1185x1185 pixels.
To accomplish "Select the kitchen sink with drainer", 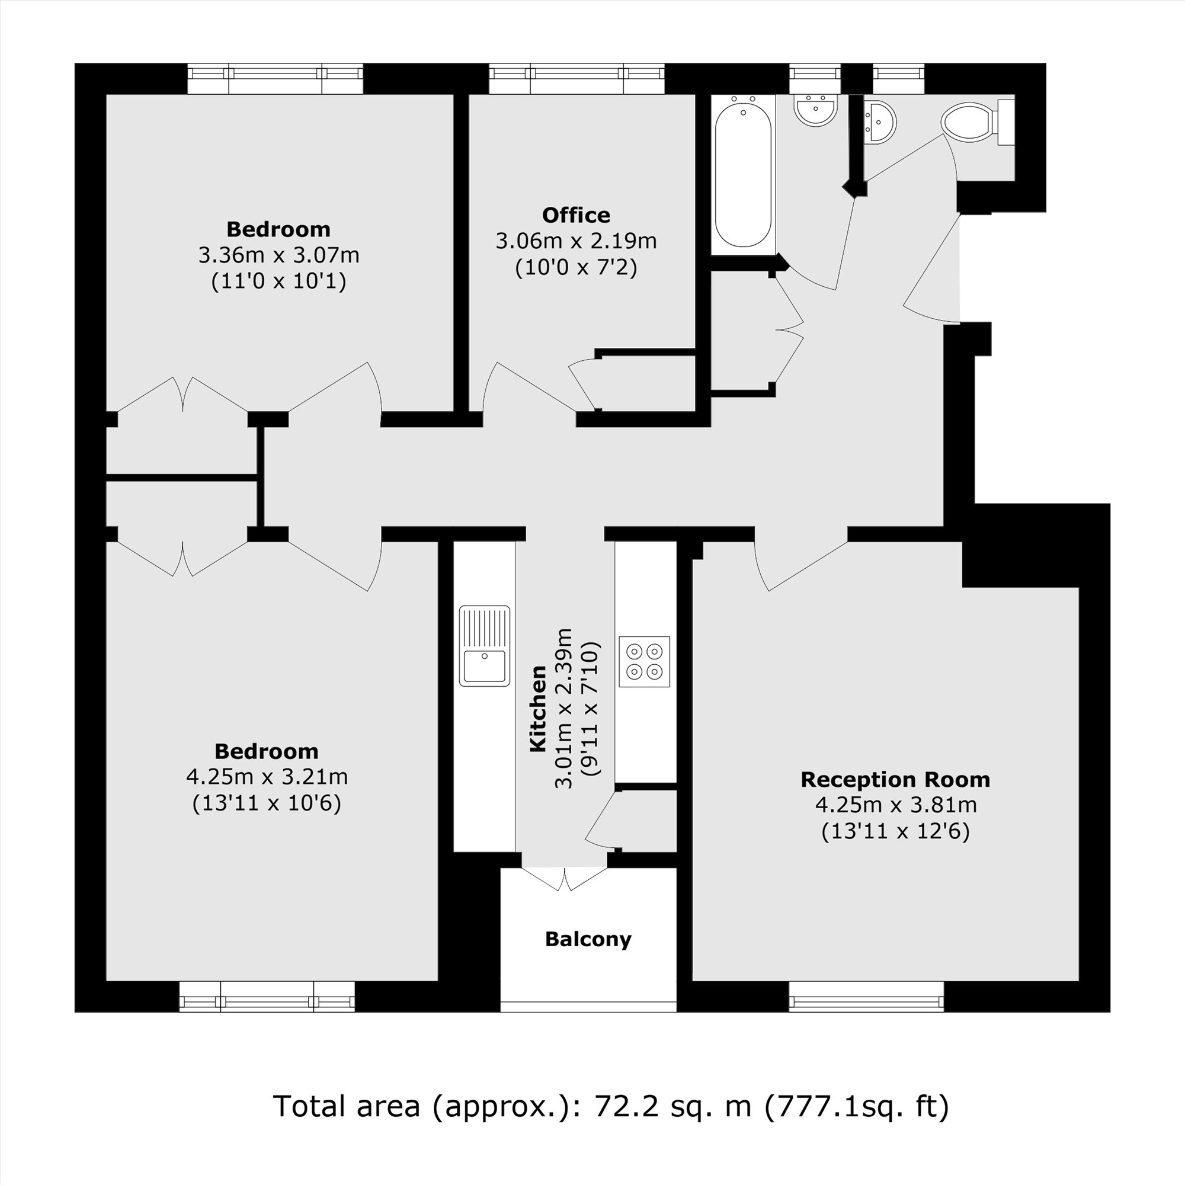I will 485,646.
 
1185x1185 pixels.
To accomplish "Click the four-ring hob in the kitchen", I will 644,661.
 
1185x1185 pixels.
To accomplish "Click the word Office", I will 576,215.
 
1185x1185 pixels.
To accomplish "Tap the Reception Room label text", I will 895,780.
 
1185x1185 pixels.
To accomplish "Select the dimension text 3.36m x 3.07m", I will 278,255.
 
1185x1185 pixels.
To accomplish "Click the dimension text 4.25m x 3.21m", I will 267,777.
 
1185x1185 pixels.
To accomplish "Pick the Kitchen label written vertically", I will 538,709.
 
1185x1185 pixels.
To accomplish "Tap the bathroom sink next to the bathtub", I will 816,111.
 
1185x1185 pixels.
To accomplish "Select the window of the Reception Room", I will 866,1004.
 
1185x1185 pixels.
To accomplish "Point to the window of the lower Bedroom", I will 267,1004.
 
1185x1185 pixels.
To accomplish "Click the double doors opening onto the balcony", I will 564,877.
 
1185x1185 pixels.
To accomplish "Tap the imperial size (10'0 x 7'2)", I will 576,267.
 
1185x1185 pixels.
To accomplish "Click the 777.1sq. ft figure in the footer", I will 856,1106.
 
